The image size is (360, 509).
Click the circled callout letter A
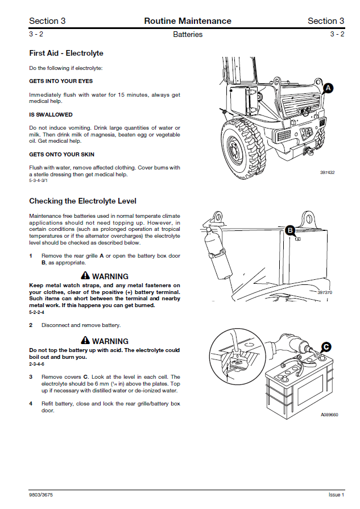tap(328, 88)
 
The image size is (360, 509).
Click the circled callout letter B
tap(290, 230)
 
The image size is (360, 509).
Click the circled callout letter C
tap(326, 346)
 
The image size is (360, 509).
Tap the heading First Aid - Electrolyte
tap(66, 53)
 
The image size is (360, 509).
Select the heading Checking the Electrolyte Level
tap(82, 201)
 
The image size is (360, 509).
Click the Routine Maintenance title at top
tap(188, 21)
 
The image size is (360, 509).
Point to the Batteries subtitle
tap(188, 34)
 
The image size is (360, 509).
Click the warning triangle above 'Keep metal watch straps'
tap(86, 276)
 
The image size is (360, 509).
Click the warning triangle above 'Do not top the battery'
tap(86, 341)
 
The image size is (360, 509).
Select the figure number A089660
tap(328, 415)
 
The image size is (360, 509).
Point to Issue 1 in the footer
tap(336, 494)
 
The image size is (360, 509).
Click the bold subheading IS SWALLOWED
tap(49, 114)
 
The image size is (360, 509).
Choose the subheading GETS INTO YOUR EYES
tap(61, 81)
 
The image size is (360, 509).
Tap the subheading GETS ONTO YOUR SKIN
tap(61, 154)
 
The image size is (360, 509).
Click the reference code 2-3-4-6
tap(37, 364)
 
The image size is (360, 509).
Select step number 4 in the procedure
tap(31, 404)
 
